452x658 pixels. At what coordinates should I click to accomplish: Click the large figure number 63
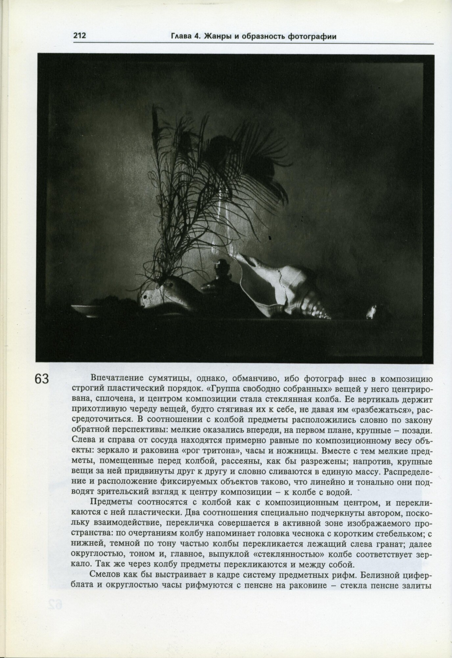pos(41,380)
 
